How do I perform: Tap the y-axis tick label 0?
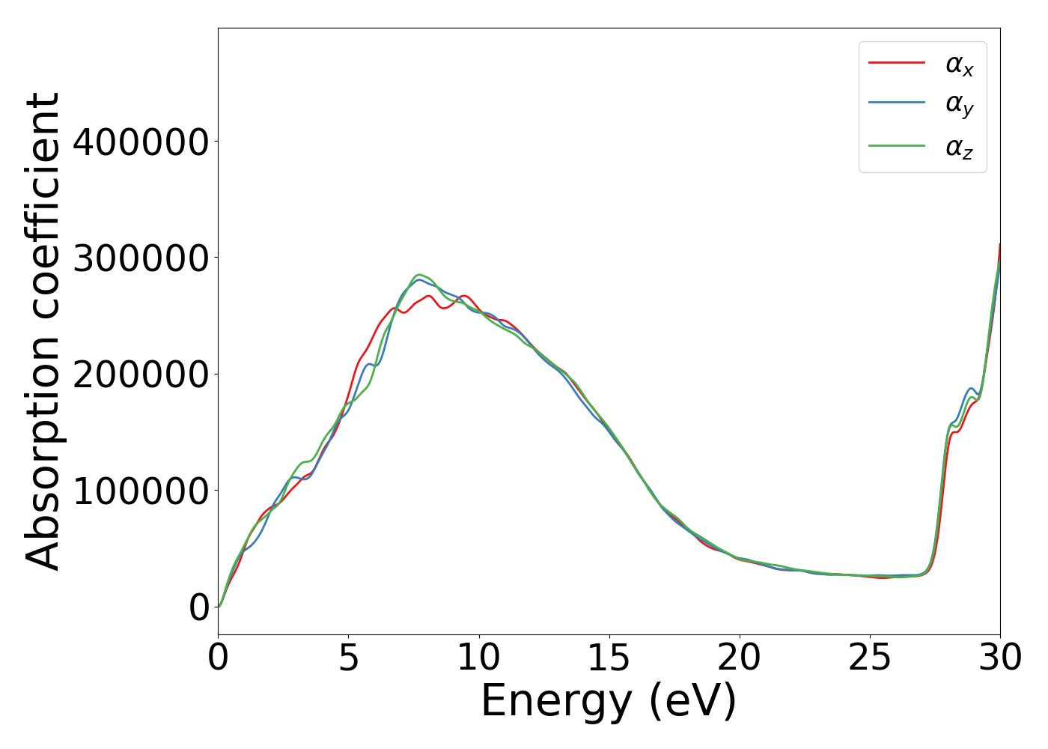click(199, 607)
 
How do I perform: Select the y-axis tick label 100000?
click(140, 491)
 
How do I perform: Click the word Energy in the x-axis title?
click(555, 703)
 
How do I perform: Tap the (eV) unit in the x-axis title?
click(692, 703)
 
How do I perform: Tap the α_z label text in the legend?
click(959, 148)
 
